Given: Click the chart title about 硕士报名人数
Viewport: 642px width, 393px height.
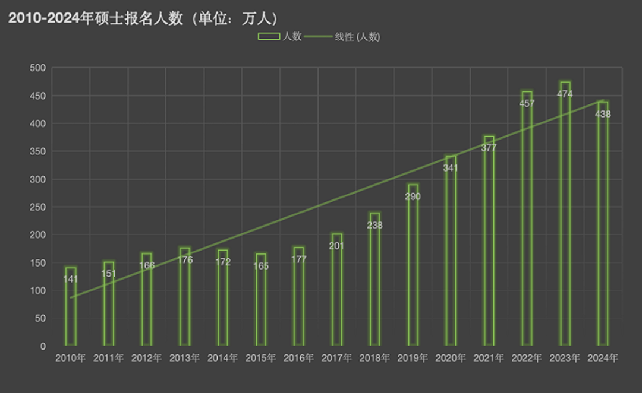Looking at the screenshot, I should (x=143, y=18).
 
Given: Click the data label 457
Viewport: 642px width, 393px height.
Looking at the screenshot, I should (x=527, y=103).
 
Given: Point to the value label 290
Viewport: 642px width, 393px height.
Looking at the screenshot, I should (x=413, y=196).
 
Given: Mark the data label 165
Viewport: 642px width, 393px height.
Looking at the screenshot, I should (x=260, y=266).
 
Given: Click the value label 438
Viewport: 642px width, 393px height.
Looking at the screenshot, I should (x=603, y=114).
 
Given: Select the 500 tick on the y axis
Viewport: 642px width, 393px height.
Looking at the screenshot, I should (x=39, y=68).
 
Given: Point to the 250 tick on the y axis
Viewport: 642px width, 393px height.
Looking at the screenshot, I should (x=39, y=207).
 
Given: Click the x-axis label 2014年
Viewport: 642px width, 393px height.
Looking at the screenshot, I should (x=222, y=359).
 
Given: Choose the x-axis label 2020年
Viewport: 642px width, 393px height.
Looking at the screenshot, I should (x=451, y=359).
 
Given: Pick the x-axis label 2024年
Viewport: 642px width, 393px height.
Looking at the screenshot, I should (x=603, y=359).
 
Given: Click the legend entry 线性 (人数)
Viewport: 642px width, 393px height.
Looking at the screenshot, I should (x=357, y=37).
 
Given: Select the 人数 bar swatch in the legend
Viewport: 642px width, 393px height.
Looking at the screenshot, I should (x=269, y=37).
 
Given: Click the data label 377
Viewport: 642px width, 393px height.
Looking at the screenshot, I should (x=489, y=148).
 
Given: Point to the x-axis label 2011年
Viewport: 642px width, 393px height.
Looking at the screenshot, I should (x=109, y=359).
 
